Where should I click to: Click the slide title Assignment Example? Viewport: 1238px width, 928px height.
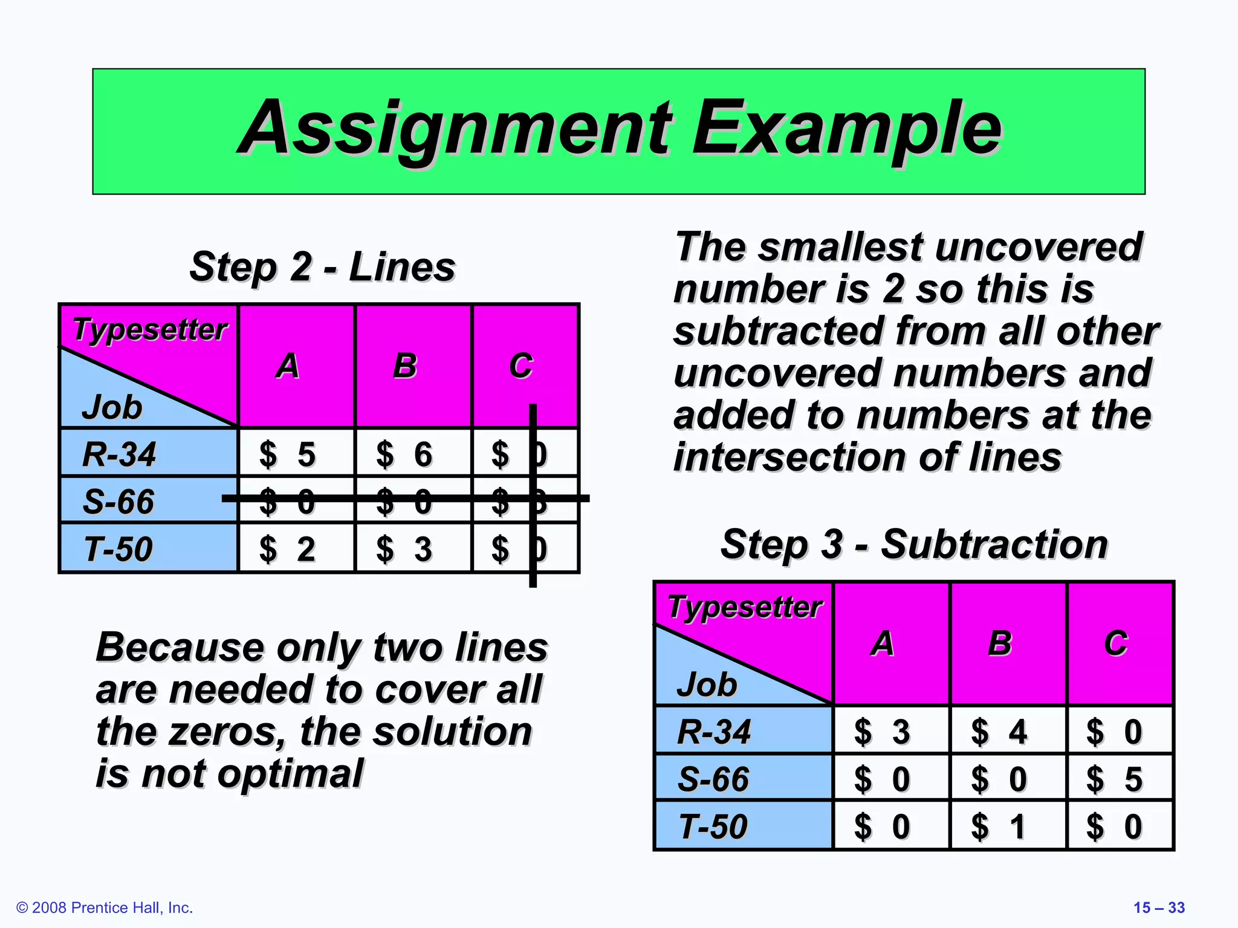coord(619,129)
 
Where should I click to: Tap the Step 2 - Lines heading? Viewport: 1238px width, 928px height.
coord(322,267)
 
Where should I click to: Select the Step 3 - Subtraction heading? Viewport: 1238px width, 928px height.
coord(914,544)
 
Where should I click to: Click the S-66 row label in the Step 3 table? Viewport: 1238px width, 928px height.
coord(713,779)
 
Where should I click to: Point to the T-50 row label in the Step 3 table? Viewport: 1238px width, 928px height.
coord(713,826)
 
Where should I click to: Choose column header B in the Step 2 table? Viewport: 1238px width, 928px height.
coord(405,366)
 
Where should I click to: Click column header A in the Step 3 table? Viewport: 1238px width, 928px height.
coord(883,643)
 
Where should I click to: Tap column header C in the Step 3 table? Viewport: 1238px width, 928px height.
coord(1116,643)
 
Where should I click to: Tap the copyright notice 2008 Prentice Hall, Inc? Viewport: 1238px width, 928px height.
coord(105,907)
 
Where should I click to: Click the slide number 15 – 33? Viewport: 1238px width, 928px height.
coord(1159,907)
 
